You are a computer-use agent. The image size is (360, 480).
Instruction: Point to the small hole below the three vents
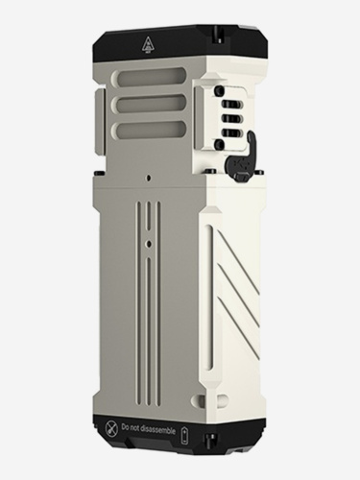(x=151, y=179)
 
